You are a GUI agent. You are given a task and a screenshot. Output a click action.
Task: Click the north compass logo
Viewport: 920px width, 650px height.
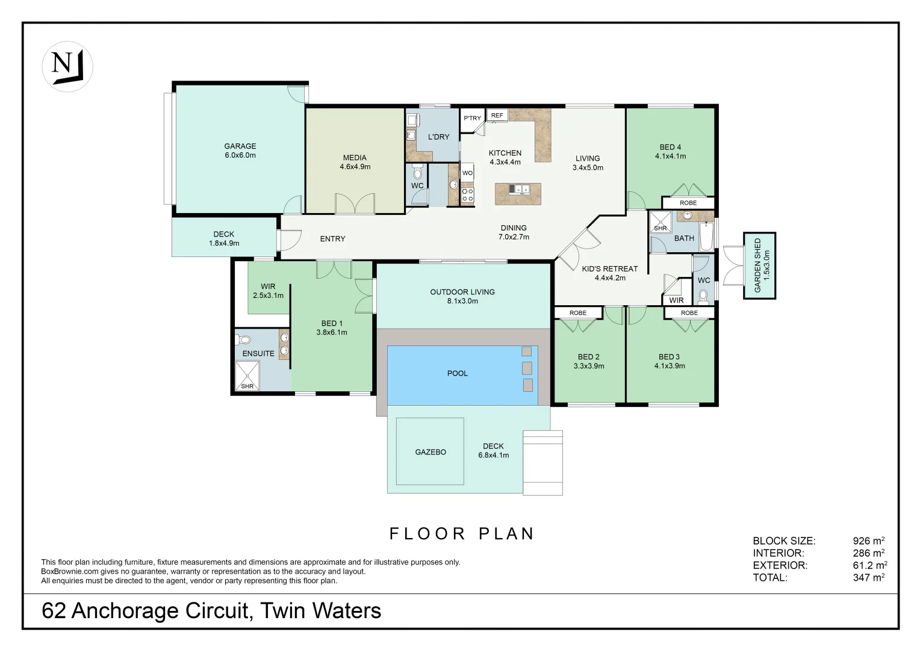(x=67, y=67)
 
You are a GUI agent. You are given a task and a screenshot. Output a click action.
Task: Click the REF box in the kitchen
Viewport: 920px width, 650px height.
(x=497, y=116)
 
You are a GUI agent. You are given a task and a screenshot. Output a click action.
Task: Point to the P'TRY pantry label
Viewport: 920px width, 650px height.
(x=472, y=118)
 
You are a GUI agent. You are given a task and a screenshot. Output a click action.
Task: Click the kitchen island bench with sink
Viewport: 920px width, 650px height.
(x=518, y=194)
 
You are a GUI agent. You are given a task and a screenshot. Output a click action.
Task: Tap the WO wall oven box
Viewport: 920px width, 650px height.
(x=467, y=173)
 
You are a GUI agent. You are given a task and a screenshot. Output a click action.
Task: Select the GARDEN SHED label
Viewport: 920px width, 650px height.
(x=758, y=265)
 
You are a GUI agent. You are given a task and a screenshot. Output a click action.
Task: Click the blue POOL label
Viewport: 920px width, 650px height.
(x=458, y=373)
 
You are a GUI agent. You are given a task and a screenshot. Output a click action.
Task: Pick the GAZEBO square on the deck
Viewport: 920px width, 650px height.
(x=430, y=451)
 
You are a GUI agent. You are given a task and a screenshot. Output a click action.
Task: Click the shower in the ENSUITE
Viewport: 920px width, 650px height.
(x=247, y=376)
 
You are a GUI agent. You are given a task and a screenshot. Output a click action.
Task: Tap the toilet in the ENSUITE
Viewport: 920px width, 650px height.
(x=243, y=339)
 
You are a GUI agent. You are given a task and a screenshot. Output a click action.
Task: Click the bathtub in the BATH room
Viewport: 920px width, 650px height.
(x=706, y=237)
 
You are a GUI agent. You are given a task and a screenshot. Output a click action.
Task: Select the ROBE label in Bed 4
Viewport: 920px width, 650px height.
(x=688, y=203)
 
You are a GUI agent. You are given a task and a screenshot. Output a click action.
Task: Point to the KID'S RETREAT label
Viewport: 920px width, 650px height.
(x=610, y=269)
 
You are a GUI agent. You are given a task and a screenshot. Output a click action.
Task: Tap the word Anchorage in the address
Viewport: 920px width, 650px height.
(x=126, y=611)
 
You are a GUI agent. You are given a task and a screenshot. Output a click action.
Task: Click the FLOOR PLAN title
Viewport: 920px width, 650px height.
(x=462, y=534)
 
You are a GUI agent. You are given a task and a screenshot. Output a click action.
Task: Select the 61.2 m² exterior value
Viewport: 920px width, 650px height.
(x=870, y=565)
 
